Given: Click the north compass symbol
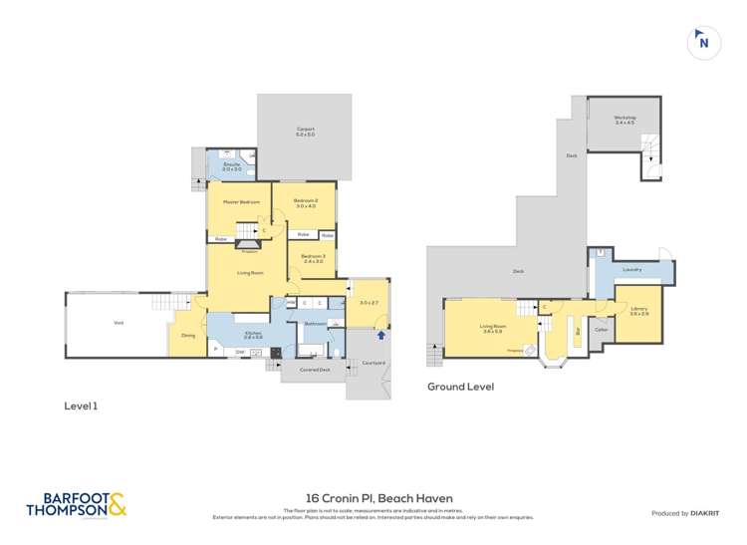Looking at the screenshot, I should click(x=703, y=42).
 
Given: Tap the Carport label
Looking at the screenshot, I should click(x=305, y=132).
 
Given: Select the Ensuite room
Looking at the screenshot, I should click(x=230, y=165).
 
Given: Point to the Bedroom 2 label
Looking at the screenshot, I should click(x=305, y=203).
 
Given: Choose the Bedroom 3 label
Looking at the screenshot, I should click(x=313, y=258).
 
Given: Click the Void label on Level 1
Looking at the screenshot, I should click(x=118, y=322).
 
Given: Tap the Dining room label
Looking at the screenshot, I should click(x=188, y=335).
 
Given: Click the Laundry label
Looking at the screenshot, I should click(x=631, y=269).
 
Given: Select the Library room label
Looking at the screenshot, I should click(x=638, y=310).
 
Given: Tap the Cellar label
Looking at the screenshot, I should click(x=601, y=329).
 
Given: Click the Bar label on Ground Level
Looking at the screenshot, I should click(x=578, y=331).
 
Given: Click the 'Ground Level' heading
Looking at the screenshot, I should click(x=460, y=387).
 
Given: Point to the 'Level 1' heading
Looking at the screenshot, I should click(x=81, y=406).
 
